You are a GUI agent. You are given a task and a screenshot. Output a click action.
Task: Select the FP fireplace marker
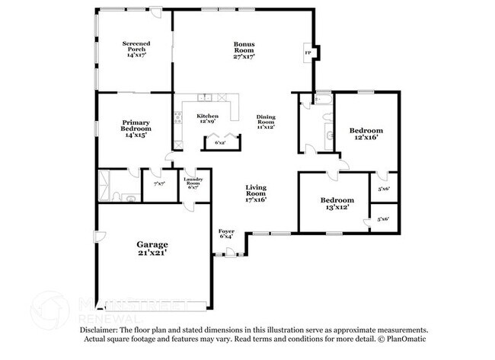[x=308, y=53]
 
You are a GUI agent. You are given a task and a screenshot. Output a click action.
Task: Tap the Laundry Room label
[x=193, y=181]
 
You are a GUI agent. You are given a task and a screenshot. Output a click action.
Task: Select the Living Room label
[x=255, y=190]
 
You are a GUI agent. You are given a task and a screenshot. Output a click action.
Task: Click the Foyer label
[x=226, y=231]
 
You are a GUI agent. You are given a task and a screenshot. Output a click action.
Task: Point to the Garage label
[x=152, y=244]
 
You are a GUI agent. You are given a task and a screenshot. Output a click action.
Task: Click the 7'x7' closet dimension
[x=159, y=184]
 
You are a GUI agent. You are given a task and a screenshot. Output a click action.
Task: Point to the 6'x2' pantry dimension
[x=220, y=142]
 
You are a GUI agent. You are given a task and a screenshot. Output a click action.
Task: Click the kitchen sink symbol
[x=204, y=97]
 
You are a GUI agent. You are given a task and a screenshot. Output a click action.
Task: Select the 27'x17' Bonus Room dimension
[x=244, y=56]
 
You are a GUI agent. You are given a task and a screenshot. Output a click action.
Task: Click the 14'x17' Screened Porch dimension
[x=135, y=56]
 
